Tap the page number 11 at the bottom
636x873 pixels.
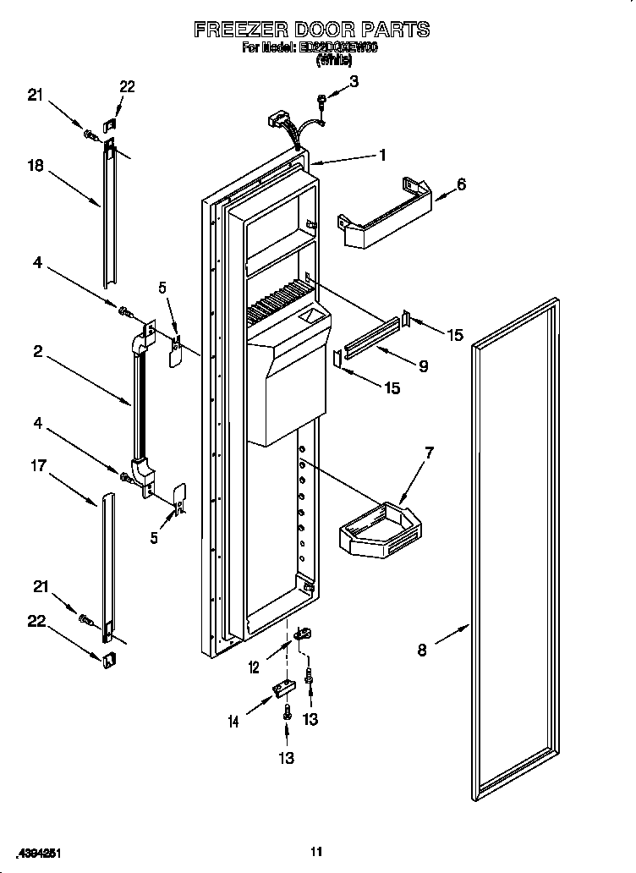316,851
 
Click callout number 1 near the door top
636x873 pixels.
382,155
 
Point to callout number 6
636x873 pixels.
461,184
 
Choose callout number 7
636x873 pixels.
429,453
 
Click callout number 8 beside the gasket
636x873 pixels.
422,650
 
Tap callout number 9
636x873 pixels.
423,366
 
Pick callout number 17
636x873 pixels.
38,464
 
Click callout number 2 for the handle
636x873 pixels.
38,352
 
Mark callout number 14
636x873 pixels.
233,722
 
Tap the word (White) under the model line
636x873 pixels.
333,61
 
